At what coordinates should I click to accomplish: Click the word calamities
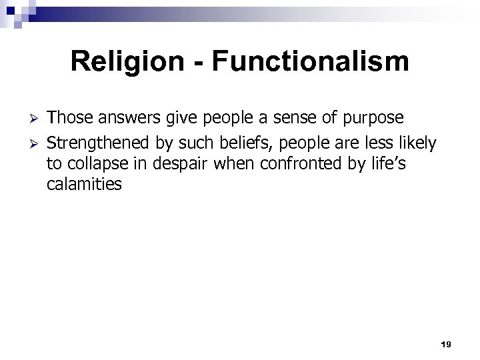click(x=85, y=185)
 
